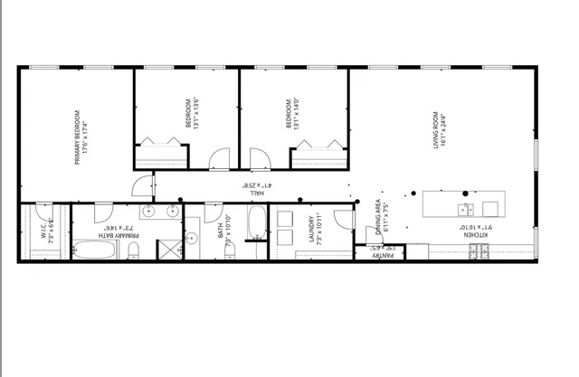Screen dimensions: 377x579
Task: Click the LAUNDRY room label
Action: tap(310, 231)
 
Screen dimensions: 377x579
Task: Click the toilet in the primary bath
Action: tap(133, 252)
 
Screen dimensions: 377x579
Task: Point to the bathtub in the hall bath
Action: tap(256, 223)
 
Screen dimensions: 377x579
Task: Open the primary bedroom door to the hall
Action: tap(142, 186)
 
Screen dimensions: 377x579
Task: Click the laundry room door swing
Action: tap(341, 220)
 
